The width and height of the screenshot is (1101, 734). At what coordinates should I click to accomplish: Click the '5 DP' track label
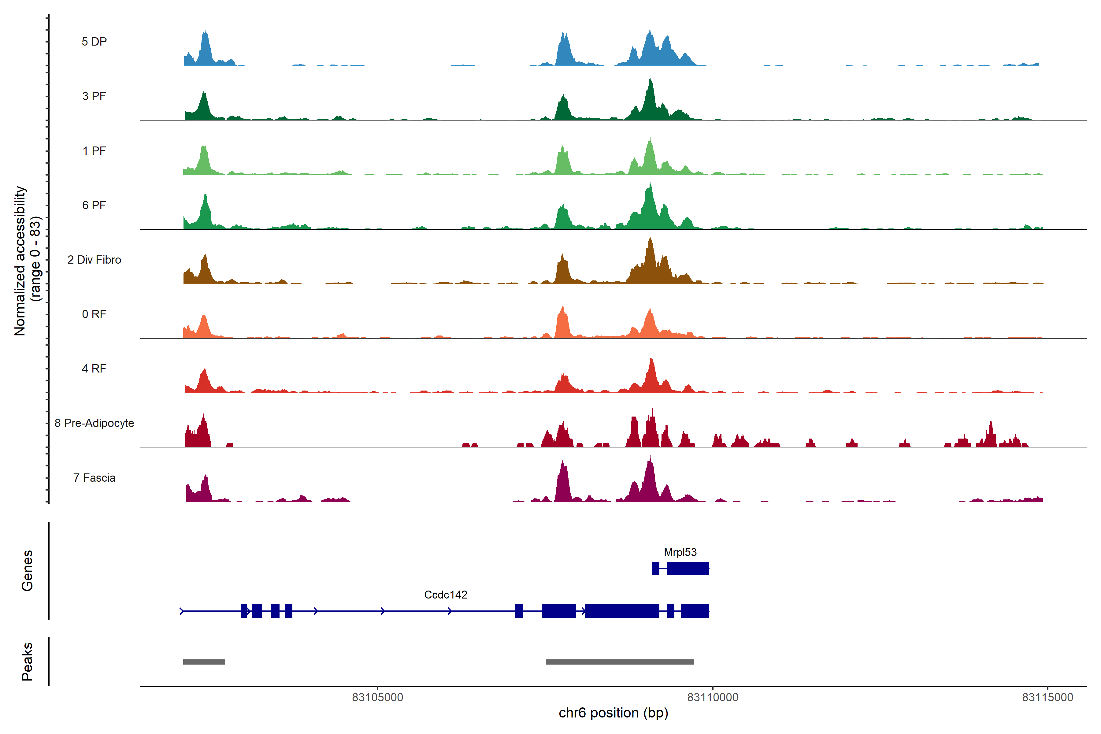pyautogui.click(x=94, y=42)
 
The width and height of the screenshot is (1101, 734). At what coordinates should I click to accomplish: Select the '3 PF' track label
pyautogui.click(x=94, y=96)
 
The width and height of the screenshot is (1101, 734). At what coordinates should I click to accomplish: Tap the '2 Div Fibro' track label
pyautogui.click(x=94, y=260)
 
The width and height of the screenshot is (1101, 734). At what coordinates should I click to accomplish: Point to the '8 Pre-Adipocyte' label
pyautogui.click(x=94, y=423)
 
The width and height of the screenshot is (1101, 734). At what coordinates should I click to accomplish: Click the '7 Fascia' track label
pyautogui.click(x=94, y=478)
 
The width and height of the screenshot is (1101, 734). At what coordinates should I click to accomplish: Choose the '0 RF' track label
pyautogui.click(x=94, y=314)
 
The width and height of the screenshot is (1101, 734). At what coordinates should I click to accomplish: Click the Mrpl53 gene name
pyautogui.click(x=680, y=552)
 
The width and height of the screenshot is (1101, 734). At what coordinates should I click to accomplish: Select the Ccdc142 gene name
pyautogui.click(x=446, y=595)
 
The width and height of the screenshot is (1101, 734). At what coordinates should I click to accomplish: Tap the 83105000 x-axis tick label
pyautogui.click(x=377, y=698)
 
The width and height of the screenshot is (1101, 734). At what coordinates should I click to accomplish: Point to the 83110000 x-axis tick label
pyautogui.click(x=713, y=698)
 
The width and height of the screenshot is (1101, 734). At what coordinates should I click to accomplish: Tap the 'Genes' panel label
pyautogui.click(x=27, y=571)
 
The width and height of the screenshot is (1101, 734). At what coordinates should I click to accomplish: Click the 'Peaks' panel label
pyautogui.click(x=27, y=662)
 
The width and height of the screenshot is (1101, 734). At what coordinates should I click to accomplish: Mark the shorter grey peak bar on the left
pyautogui.click(x=204, y=662)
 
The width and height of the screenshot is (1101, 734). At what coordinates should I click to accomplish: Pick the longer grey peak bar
pyautogui.click(x=620, y=662)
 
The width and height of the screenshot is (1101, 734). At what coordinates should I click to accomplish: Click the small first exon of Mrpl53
pyautogui.click(x=656, y=568)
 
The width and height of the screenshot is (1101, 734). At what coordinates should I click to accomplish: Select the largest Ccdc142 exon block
pyautogui.click(x=622, y=611)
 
